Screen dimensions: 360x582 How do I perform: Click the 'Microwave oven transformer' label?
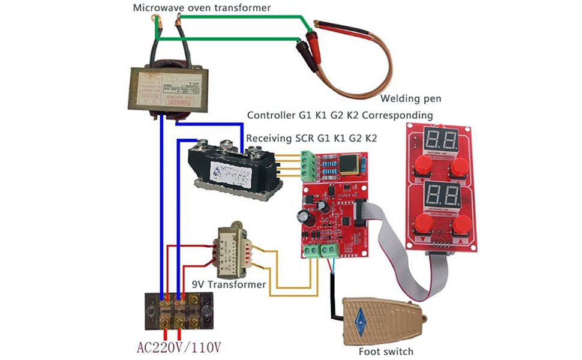click(x=202, y=8)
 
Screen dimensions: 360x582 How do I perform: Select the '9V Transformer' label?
click(x=229, y=284)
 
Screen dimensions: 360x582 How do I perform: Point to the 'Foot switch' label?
click(x=386, y=351)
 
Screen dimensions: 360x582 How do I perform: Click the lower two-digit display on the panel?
click(x=440, y=196)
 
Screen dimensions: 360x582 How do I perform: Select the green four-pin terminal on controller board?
click(x=308, y=166)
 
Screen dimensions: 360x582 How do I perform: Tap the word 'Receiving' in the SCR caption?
click(x=271, y=137)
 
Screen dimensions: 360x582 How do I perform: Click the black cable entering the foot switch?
click(x=331, y=303)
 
